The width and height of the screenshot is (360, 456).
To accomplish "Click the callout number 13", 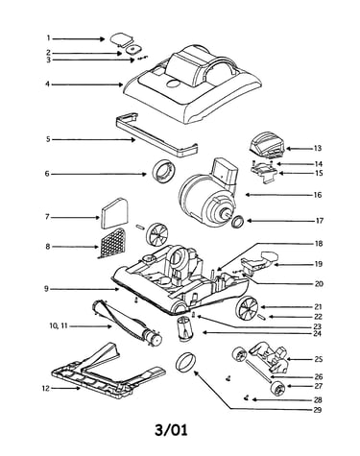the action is (318, 149).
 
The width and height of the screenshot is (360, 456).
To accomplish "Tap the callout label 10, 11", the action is (59, 326).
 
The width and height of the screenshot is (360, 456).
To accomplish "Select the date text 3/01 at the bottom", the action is (171, 430).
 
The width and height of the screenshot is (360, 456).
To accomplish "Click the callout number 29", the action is (318, 410).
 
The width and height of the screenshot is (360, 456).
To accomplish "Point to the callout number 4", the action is (48, 84).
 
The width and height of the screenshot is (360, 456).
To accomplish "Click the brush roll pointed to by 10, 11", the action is (127, 323).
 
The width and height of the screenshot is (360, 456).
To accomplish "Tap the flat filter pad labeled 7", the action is (114, 213).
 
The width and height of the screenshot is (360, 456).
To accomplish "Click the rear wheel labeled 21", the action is (247, 307).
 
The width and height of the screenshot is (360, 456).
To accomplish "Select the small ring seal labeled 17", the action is (238, 222).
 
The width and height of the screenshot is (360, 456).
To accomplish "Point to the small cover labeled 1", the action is (121, 38).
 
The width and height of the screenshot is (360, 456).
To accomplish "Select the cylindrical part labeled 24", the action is (183, 328).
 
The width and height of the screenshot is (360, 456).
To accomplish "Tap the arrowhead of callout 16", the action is (247, 195).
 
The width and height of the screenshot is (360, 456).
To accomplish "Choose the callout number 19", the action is (318, 264).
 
